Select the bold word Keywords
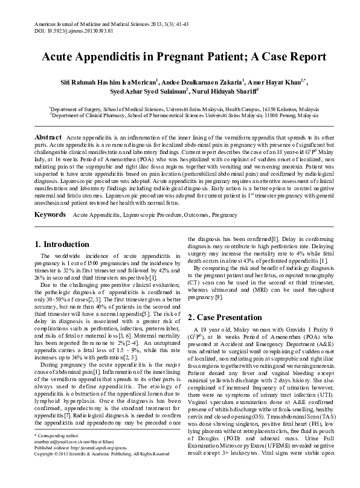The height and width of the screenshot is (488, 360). pos(50,214)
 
